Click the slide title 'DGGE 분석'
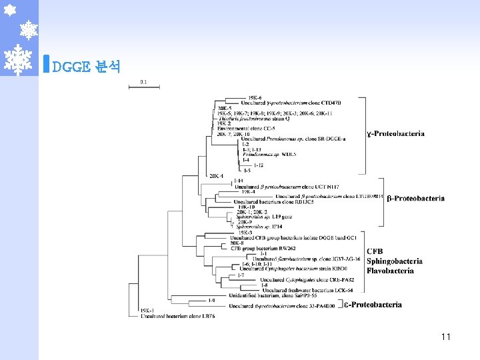tap(85, 67)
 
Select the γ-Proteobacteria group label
tap(395, 133)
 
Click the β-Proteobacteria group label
tap(415, 198)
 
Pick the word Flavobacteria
tap(390, 270)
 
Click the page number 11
tap(445, 337)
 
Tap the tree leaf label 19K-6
tap(255, 98)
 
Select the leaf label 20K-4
tap(216, 176)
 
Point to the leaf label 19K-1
tap(147, 310)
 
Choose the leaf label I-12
tap(259, 165)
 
